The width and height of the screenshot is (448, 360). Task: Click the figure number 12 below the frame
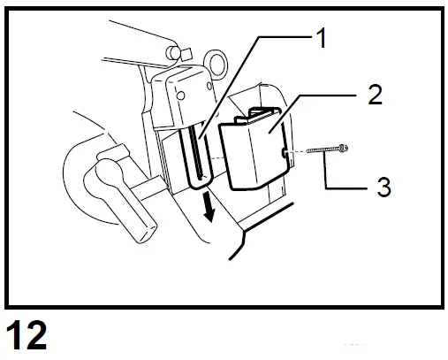click(27, 338)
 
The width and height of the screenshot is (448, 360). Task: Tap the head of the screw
click(343, 147)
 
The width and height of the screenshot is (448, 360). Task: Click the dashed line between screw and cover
click(299, 154)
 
